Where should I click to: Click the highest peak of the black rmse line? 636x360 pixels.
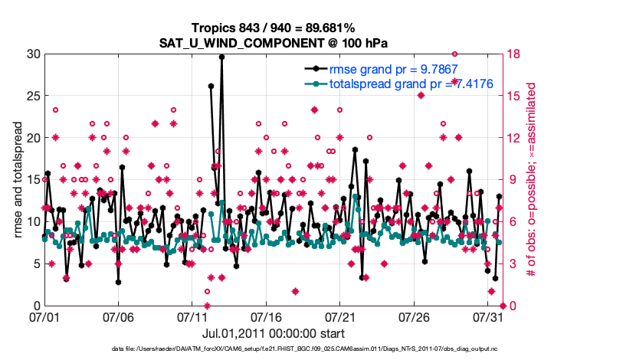pyautogui.click(x=221, y=57)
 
